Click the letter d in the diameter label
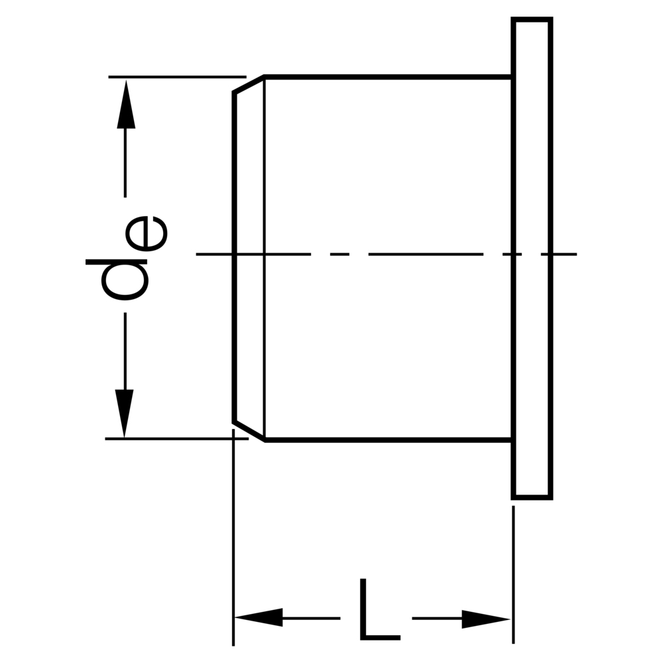[x=117, y=280]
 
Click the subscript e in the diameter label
[x=147, y=233]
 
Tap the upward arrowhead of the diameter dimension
[x=125, y=104]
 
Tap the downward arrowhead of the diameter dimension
[x=125, y=413]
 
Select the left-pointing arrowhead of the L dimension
[x=259, y=617]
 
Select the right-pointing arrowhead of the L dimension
[x=486, y=619]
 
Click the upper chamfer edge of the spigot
[x=249, y=84]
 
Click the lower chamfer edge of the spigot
[x=249, y=431]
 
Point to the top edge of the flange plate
[x=532, y=19]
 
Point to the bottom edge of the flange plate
[x=532, y=497]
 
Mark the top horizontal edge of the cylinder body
[x=388, y=77]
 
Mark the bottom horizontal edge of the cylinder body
[x=388, y=440]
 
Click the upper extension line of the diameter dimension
[x=177, y=77]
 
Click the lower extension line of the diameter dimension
[x=177, y=439]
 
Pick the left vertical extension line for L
[x=233, y=538]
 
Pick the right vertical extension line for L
[x=513, y=575]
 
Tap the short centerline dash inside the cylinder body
[x=339, y=254]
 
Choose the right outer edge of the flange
[x=550, y=259]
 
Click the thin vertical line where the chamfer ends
[x=265, y=259]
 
